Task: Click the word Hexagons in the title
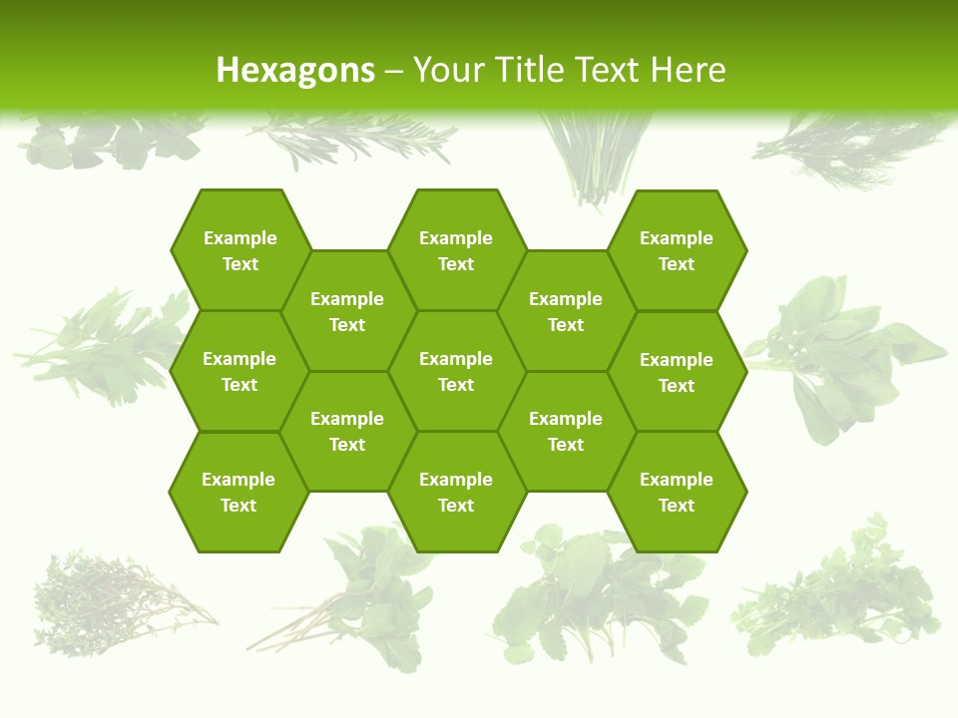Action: pyautogui.click(x=295, y=70)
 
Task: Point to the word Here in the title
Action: pyautogui.click(x=688, y=70)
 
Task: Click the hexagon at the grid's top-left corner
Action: pyautogui.click(x=239, y=250)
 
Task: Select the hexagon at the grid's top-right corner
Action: pyautogui.click(x=677, y=250)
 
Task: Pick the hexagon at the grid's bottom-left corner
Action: pyautogui.click(x=239, y=492)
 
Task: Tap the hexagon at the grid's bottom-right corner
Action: pyautogui.click(x=677, y=492)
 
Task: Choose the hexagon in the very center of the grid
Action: pyautogui.click(x=456, y=371)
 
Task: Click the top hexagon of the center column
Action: pyautogui.click(x=456, y=250)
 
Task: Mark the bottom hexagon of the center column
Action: pyautogui.click(x=456, y=492)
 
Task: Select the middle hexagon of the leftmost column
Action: pyautogui.click(x=239, y=371)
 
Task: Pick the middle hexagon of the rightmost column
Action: pyautogui.click(x=677, y=372)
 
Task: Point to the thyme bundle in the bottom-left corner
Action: pyautogui.click(x=110, y=598)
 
